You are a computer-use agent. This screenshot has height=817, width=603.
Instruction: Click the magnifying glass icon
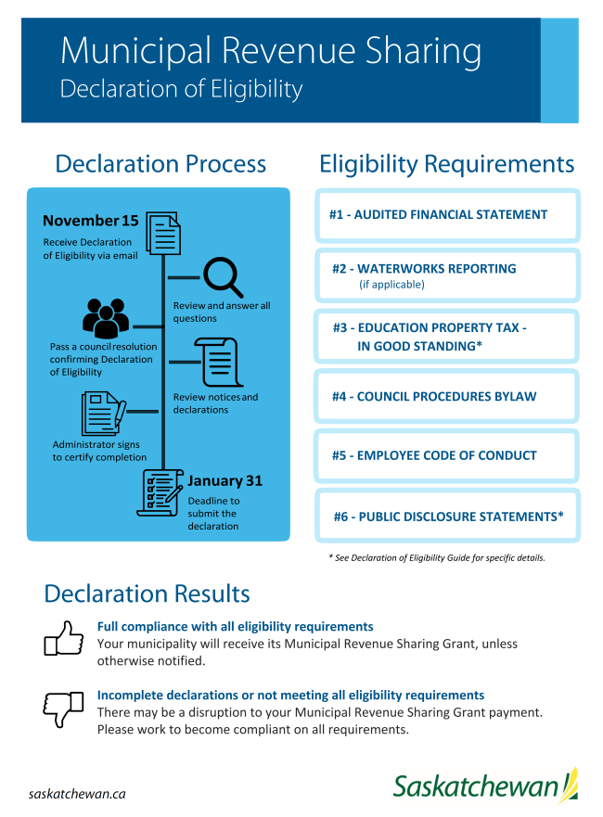223,275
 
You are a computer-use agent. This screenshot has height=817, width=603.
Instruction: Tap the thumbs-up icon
63,639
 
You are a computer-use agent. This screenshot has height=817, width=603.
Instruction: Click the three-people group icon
106,318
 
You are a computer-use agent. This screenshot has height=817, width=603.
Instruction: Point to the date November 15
90,221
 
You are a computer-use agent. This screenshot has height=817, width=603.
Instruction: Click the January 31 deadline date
225,480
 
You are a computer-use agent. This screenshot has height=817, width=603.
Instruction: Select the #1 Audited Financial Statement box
447,215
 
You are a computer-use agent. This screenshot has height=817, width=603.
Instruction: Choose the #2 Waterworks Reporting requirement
447,275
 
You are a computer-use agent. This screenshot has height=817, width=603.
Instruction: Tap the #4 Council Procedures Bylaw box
447,397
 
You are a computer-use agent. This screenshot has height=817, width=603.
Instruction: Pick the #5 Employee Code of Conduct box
447,455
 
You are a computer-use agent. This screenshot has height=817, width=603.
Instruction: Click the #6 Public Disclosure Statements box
447,516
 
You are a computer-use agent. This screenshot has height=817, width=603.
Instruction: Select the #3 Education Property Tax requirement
447,337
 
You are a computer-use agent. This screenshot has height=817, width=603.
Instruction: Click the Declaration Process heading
160,164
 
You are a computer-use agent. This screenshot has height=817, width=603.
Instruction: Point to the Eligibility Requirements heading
447,164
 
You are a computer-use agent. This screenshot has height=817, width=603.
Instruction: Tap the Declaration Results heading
147,594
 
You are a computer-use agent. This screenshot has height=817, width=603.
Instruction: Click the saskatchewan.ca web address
77,794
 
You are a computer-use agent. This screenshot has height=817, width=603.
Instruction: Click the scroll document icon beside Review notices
217,362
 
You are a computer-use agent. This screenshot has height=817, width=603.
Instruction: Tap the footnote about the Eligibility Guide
436,557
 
